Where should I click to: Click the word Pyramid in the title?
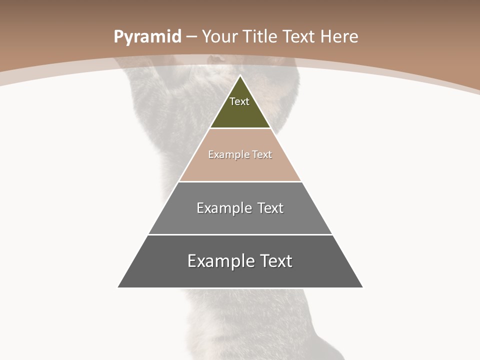coord(147,37)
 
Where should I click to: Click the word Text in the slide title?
coord(298,36)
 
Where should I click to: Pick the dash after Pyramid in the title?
coord(190,37)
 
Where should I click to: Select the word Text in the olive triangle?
coord(239,101)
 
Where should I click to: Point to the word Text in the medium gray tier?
coord(271,208)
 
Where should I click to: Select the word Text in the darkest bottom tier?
coord(275,261)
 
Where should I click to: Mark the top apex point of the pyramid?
coord(240,76)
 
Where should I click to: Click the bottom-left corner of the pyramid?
coord(118,287)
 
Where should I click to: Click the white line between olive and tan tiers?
coord(240,128)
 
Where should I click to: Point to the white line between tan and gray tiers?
coord(240,181)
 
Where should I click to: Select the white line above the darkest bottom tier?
coord(240,234)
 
